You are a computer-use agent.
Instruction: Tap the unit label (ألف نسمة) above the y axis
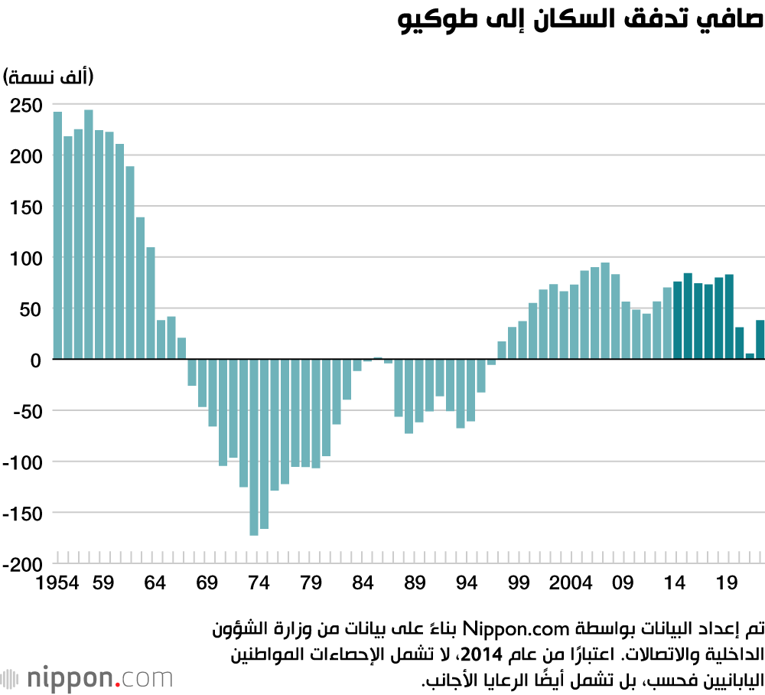point(47,77)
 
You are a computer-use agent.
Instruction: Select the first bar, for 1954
point(57,235)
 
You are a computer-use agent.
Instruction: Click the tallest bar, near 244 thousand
point(89,234)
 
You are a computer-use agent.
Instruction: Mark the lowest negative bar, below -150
point(254,447)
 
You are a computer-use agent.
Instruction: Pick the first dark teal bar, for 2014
point(678,320)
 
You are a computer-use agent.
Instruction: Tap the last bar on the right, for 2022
point(760,339)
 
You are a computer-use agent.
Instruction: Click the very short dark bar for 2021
point(750,356)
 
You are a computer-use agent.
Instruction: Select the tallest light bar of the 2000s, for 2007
point(605,311)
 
